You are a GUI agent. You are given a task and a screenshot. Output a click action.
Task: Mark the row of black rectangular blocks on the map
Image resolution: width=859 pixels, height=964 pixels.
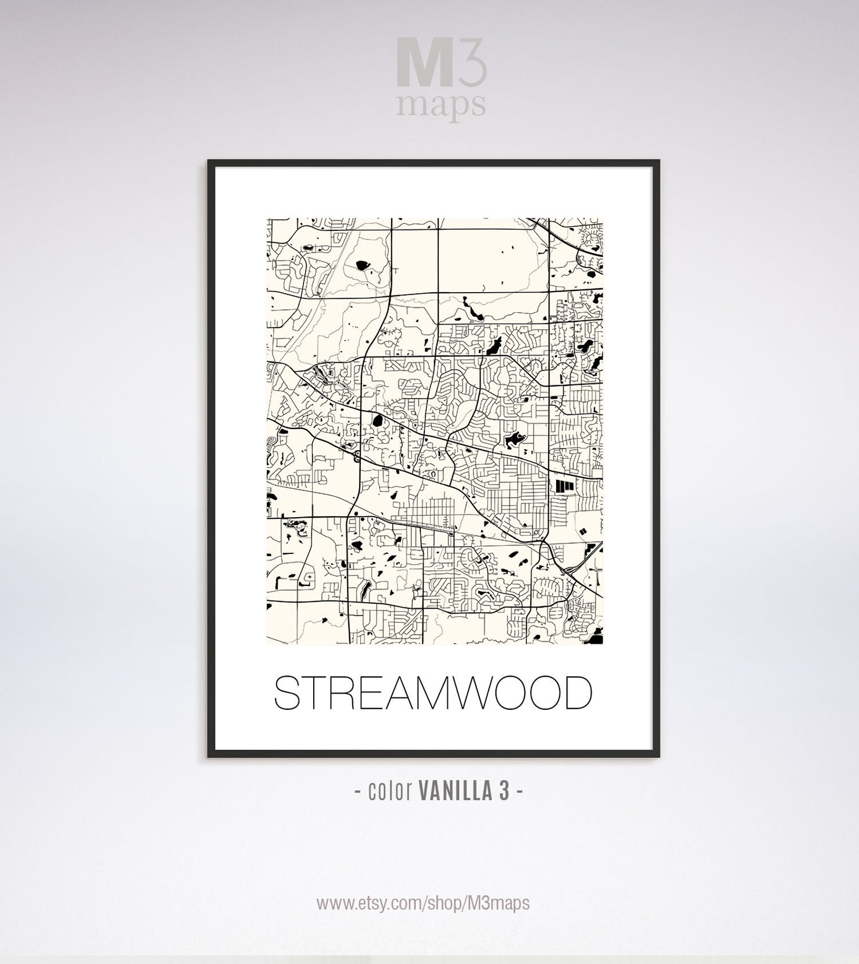564,485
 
